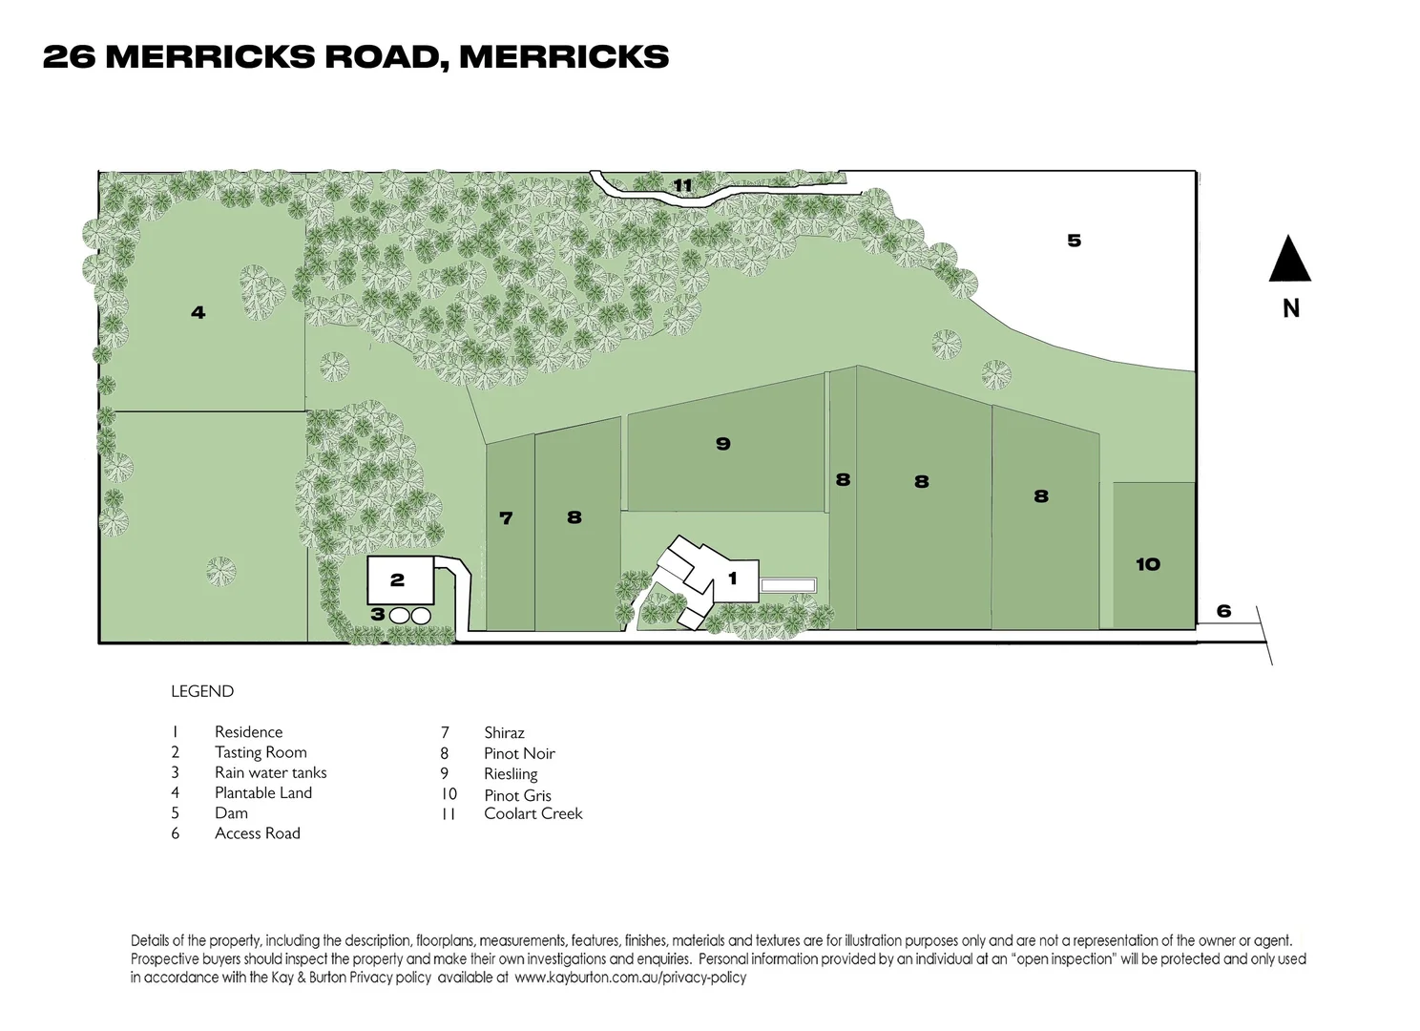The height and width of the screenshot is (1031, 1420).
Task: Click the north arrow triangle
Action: point(1289,260)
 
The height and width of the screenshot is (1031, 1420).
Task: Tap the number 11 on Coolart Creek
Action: point(682,185)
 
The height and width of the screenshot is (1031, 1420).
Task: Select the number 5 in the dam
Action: point(1074,241)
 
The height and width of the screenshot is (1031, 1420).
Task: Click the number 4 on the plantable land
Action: point(198,312)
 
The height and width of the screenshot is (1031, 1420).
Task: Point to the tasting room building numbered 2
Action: point(401,580)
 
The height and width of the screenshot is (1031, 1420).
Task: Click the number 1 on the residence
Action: point(733,579)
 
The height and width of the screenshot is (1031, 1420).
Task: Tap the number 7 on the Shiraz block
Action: point(505,518)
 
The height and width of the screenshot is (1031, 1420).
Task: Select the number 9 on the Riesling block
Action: point(723,443)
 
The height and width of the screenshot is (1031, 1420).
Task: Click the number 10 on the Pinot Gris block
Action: point(1147,563)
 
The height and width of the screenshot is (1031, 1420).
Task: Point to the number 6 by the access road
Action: point(1223,611)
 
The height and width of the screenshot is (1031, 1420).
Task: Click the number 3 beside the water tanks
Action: point(377,614)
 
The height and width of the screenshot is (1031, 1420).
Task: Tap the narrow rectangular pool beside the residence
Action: point(788,585)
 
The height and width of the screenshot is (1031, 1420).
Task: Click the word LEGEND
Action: point(202,691)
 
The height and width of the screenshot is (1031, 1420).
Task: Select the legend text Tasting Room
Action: point(261,752)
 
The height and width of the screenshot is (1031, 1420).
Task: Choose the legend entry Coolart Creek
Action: point(533,813)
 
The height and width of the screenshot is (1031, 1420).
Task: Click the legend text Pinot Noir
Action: point(519,753)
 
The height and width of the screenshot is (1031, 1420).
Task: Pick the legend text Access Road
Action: point(258,833)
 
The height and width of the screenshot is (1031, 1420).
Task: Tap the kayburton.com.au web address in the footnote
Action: point(630,978)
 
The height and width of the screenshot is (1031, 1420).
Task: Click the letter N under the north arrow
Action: point(1290,308)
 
